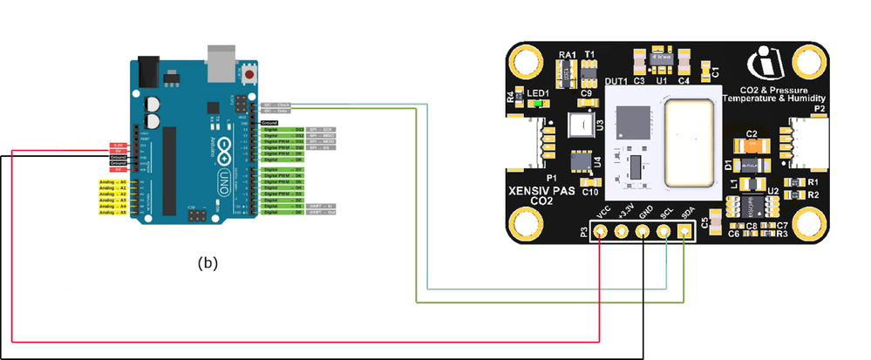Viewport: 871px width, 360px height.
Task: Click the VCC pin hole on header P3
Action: (x=602, y=233)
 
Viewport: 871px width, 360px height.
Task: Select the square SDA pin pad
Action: (x=684, y=233)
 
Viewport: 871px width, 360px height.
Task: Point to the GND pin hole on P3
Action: (x=643, y=233)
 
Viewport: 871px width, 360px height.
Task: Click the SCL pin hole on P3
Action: (x=664, y=233)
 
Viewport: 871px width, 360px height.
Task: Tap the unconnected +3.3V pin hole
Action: (x=623, y=233)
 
